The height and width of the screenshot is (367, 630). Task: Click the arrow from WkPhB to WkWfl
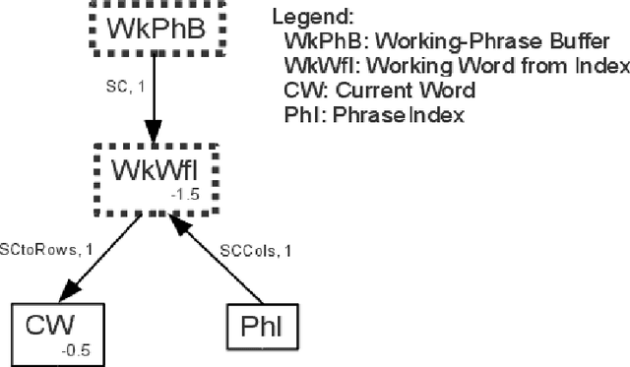coord(153,98)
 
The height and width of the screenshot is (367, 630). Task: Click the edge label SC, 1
coord(124,88)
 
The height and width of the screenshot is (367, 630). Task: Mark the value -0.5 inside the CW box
coord(75,349)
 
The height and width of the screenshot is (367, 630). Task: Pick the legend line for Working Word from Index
coord(456,67)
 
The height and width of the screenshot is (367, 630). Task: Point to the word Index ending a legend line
coord(605,67)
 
